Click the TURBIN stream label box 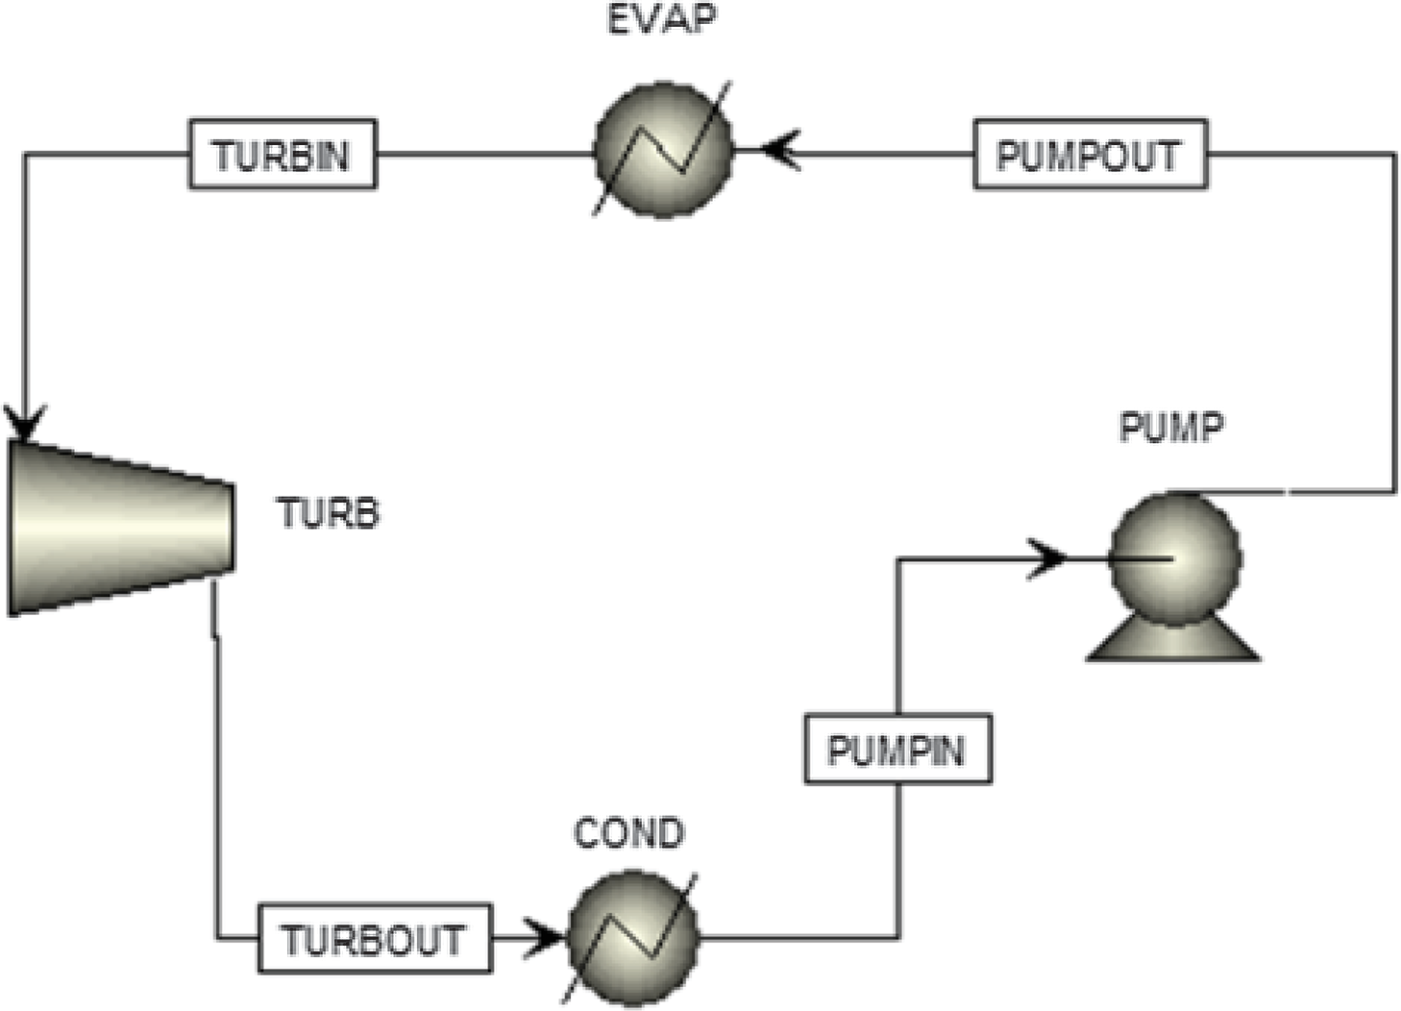(x=282, y=154)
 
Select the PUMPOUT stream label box (x=1089, y=154)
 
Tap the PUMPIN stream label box (x=897, y=748)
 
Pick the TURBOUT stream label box (x=374, y=938)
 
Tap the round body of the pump (x=1174, y=558)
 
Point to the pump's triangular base (x=1172, y=644)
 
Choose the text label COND (x=628, y=832)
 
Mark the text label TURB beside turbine (x=329, y=513)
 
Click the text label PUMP (x=1170, y=427)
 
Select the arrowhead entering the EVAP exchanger (x=779, y=152)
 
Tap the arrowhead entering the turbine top (x=25, y=421)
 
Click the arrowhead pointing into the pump (x=1047, y=558)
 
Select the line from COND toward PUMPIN (x=798, y=936)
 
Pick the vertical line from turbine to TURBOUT (x=216, y=769)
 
